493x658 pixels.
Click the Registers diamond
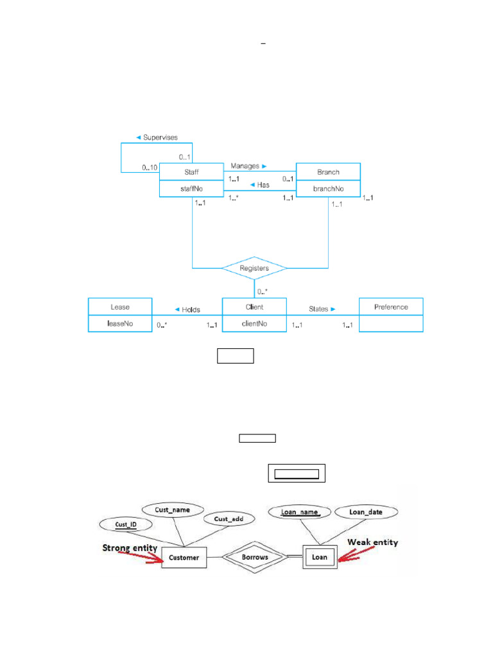pos(254,267)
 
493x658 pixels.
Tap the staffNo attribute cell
pos(191,189)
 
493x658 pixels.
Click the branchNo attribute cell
pos(328,189)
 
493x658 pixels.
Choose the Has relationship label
pos(259,185)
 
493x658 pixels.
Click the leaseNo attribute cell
pos(120,324)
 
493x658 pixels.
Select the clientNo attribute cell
pos(254,324)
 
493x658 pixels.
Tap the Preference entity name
pos(391,307)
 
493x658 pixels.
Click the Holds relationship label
pos(187,309)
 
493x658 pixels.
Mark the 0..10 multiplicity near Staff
pos(150,168)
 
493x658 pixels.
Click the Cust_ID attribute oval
pos(126,525)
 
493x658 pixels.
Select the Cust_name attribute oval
pos(172,510)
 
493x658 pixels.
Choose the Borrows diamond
pos(255,557)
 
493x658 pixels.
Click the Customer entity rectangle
pos(184,558)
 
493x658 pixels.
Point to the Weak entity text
pos(372,542)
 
